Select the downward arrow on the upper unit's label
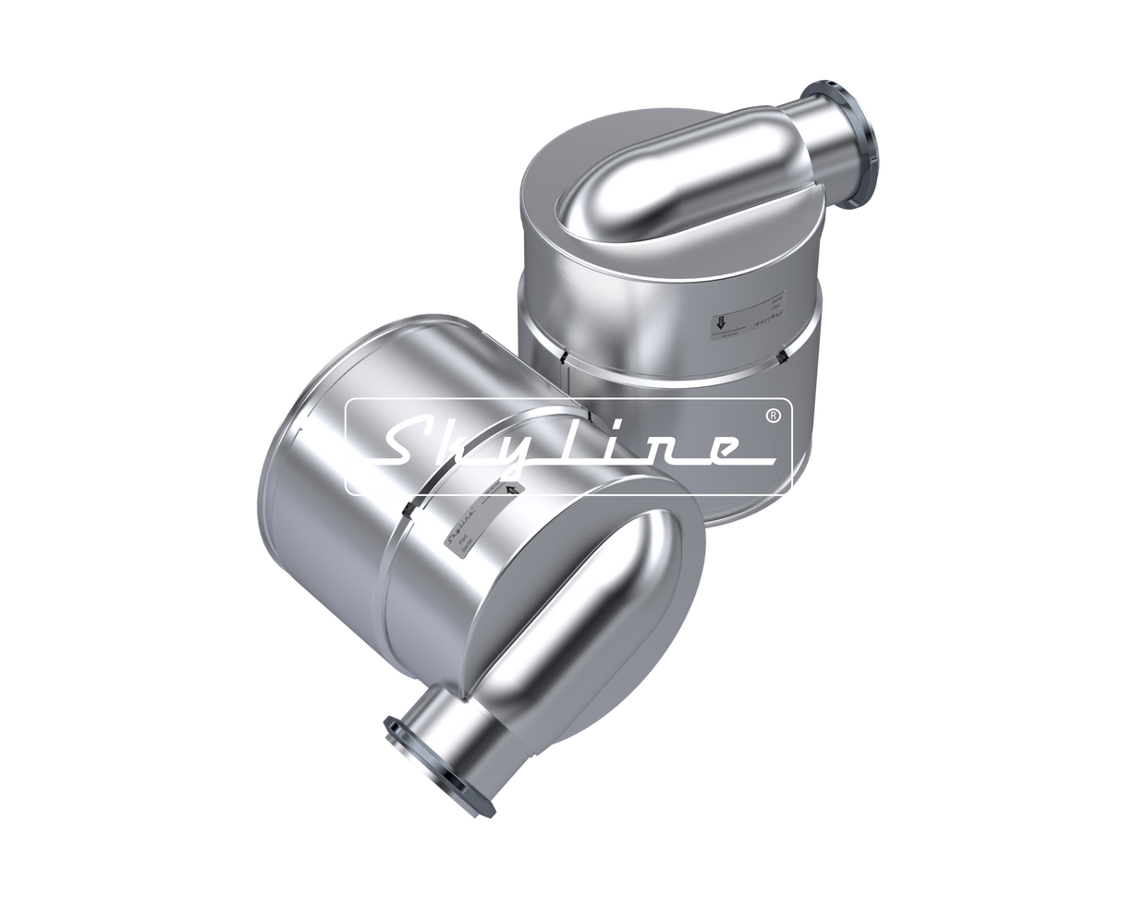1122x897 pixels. [x=717, y=324]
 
